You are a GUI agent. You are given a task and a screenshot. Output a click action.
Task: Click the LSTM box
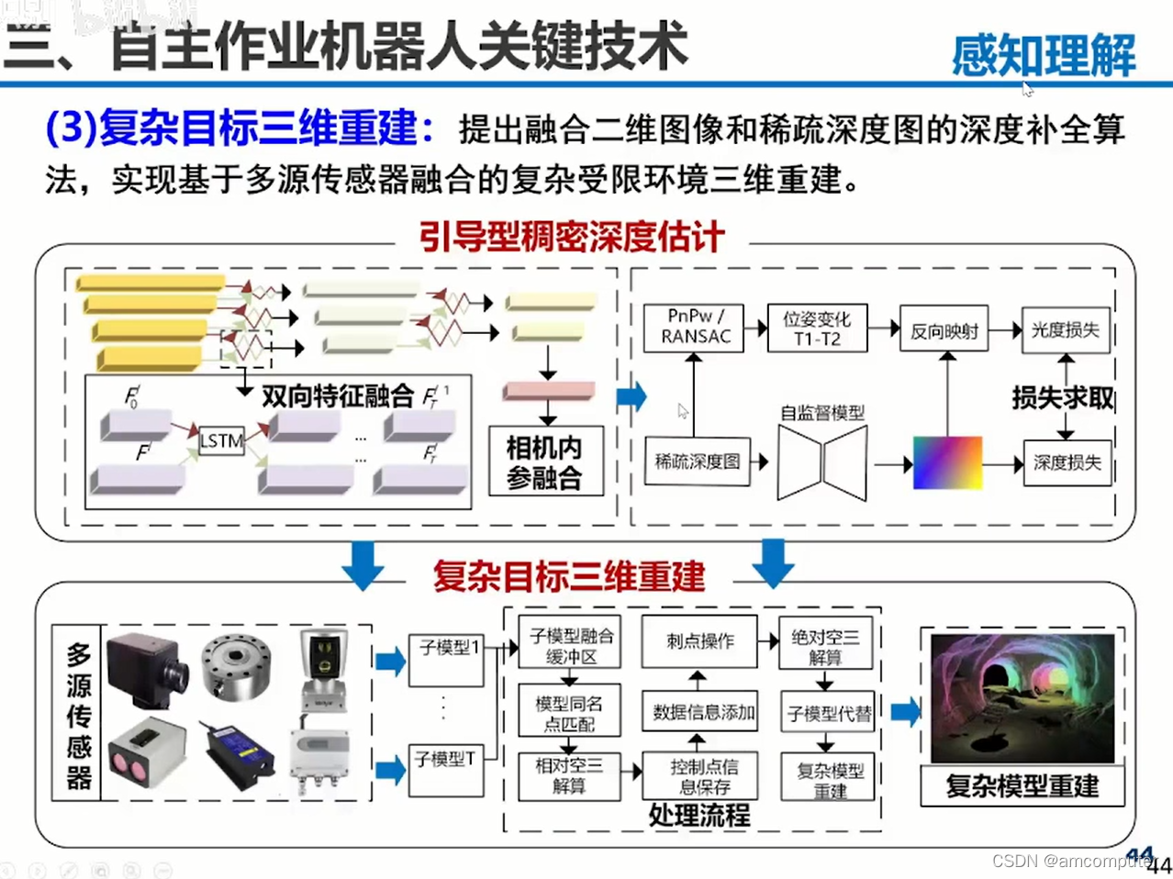[x=221, y=441]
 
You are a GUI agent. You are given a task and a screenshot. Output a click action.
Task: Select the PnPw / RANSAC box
[x=696, y=327]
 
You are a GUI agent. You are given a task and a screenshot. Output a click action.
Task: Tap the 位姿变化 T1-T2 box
[x=816, y=328]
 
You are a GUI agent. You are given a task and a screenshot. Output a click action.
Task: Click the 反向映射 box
[x=944, y=330]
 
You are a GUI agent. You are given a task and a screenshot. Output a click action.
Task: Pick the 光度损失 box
[x=1065, y=329]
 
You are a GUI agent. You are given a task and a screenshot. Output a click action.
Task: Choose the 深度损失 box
[x=1066, y=462]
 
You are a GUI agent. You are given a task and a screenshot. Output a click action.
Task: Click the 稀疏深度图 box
[x=697, y=462]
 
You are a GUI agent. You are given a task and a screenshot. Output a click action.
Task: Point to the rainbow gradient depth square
[x=947, y=463]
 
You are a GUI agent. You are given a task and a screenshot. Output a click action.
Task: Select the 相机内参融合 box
[x=545, y=462]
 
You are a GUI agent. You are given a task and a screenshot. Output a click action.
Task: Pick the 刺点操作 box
[x=699, y=641]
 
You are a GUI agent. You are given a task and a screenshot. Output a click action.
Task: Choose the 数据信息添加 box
[x=703, y=712]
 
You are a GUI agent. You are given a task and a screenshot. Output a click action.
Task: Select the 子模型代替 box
[x=828, y=713]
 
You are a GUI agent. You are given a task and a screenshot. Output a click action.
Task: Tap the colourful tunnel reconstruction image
[x=1022, y=698]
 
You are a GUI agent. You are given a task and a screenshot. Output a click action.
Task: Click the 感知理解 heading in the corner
[x=1044, y=55]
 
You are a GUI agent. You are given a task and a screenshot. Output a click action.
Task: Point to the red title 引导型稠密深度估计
[x=571, y=237]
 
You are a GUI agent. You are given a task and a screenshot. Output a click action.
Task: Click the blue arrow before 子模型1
[x=389, y=660]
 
